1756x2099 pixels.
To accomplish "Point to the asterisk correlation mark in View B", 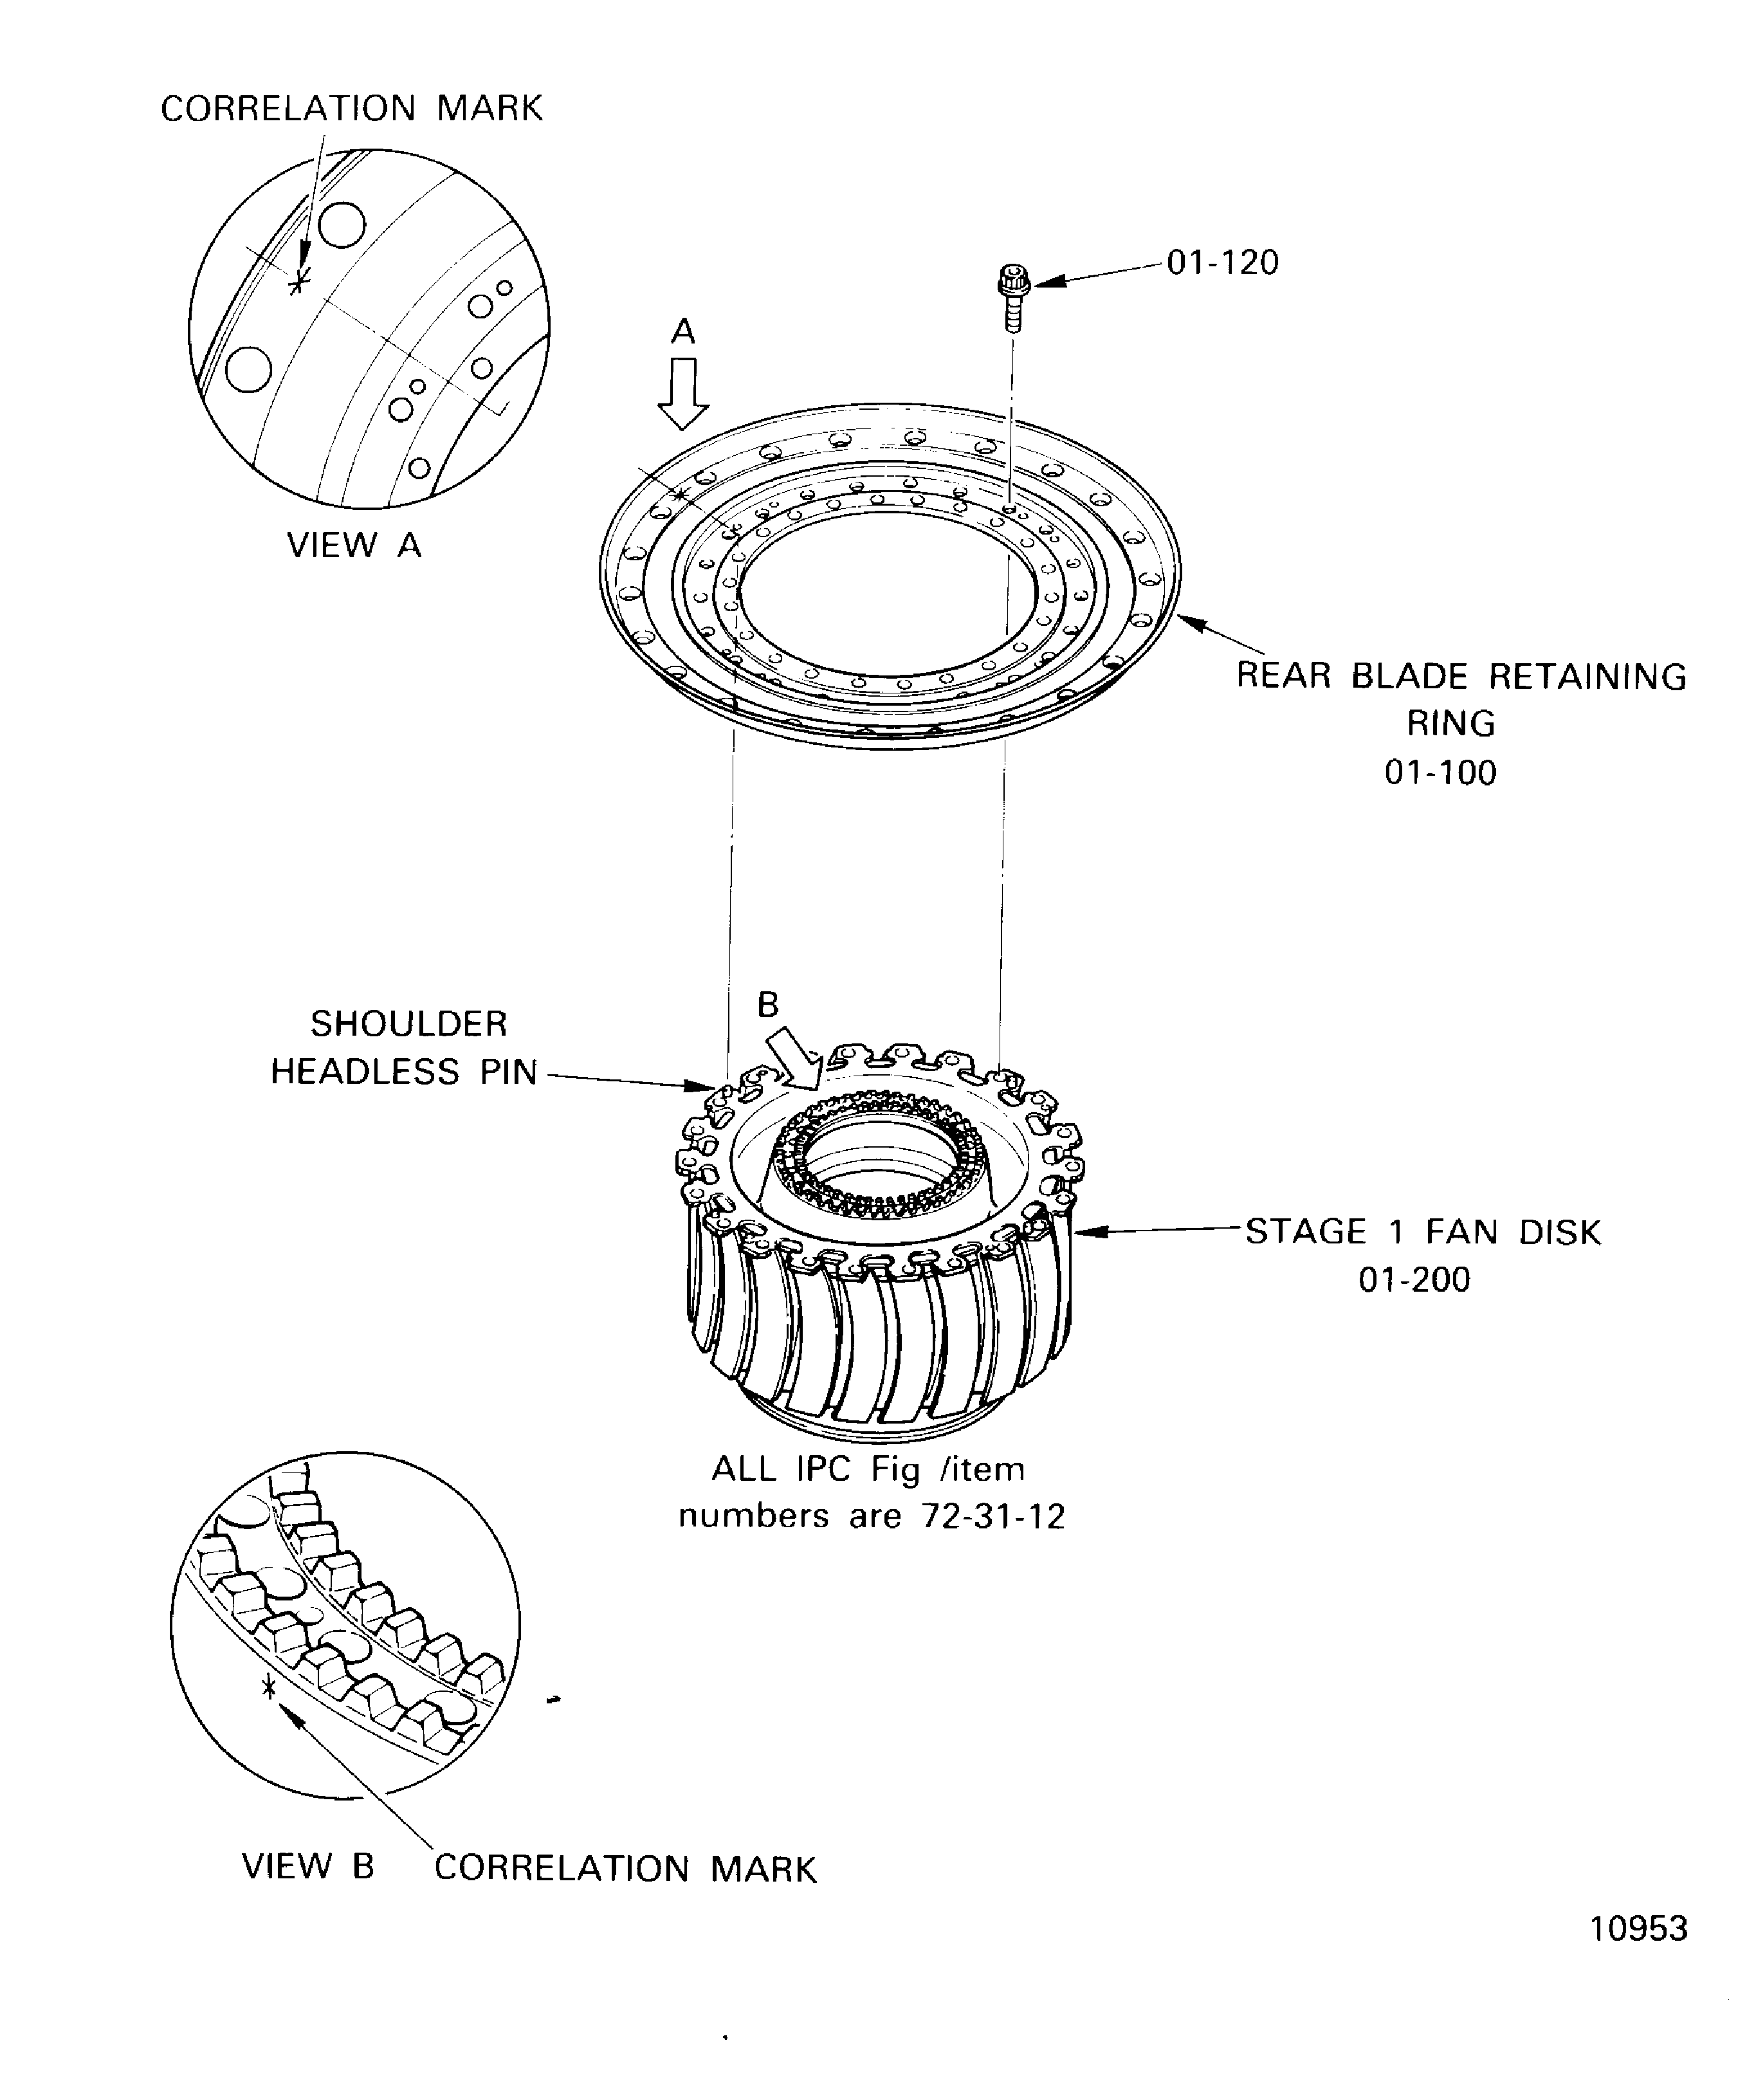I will [x=268, y=1687].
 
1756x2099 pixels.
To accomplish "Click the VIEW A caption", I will [x=354, y=545].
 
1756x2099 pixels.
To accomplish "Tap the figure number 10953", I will [x=1638, y=1956].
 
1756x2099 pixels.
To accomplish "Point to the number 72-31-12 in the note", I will [x=993, y=1516].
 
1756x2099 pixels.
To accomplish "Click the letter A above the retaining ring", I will [x=682, y=331].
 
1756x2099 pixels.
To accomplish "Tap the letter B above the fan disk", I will [x=767, y=1005].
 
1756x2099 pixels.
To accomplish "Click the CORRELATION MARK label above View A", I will [x=352, y=109].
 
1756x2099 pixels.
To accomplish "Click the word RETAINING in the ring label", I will [x=1587, y=677].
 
